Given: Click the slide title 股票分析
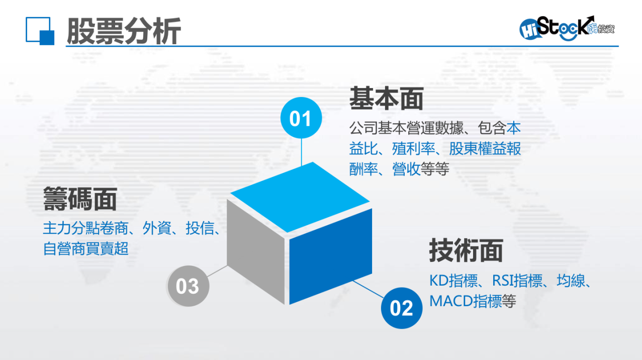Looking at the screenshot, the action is pyautogui.click(x=124, y=31).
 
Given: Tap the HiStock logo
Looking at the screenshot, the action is pyautogui.click(x=567, y=28).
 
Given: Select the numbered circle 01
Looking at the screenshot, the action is pyautogui.click(x=301, y=118).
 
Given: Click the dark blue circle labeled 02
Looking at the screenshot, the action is pyautogui.click(x=402, y=308).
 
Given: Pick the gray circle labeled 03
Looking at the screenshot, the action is pyautogui.click(x=188, y=286).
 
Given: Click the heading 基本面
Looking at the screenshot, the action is pyautogui.click(x=386, y=99).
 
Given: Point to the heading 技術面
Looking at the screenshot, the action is pyautogui.click(x=466, y=250).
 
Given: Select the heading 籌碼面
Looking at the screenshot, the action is pyautogui.click(x=80, y=199).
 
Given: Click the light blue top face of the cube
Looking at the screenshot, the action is pyautogui.click(x=300, y=197).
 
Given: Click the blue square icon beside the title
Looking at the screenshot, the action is pyautogui.click(x=40, y=31).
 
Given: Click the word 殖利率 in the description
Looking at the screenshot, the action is pyautogui.click(x=413, y=149).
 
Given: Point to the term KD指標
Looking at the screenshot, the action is pyautogui.click(x=453, y=281).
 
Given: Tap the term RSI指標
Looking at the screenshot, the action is pyautogui.click(x=517, y=281).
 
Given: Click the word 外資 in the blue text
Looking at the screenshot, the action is pyautogui.click(x=157, y=228).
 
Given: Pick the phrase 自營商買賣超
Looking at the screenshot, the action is pyautogui.click(x=85, y=249).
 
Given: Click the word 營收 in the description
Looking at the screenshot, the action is pyautogui.click(x=406, y=169).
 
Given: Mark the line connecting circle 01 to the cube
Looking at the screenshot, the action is pyautogui.click(x=301, y=152).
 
